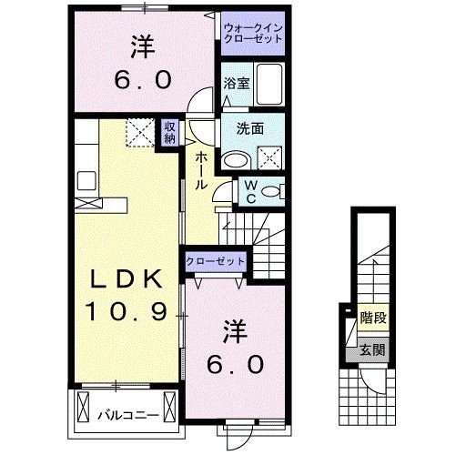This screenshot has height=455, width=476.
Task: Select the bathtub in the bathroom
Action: [x=268, y=86]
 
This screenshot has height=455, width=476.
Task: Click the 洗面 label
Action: [x=250, y=129]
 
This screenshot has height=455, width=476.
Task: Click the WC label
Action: [x=248, y=192]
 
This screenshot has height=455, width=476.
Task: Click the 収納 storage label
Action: [x=169, y=133]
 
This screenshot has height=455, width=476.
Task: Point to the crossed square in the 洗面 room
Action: [x=270, y=160]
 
